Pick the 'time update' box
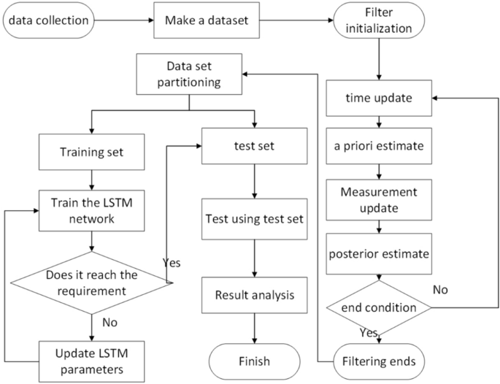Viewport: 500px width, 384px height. tap(377, 97)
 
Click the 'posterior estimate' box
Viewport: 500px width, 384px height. tap(377, 256)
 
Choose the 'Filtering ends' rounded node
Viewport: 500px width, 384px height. tap(377, 361)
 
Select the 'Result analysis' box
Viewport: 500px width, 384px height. tap(253, 296)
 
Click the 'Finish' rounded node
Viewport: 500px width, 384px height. tap(253, 361)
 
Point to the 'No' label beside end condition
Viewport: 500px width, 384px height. tap(440, 289)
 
